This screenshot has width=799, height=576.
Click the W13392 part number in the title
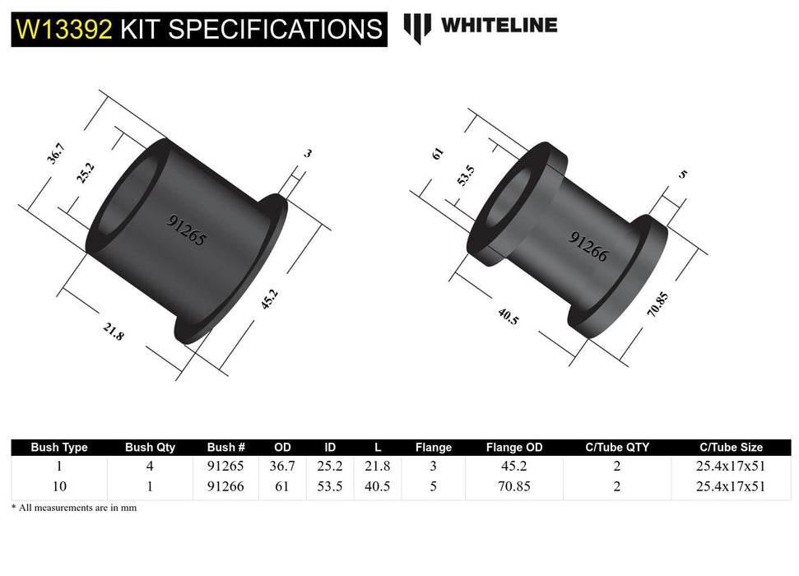64,30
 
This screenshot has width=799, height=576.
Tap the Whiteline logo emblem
417,27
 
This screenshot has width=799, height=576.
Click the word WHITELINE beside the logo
499,26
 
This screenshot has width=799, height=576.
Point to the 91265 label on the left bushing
187,231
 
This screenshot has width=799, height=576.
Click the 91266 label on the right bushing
588,246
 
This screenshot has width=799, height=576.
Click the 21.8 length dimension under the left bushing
114,332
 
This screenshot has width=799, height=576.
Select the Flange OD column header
514,448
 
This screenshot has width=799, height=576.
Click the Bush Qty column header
150,448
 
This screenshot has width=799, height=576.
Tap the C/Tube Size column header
731,448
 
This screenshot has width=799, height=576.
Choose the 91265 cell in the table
226,466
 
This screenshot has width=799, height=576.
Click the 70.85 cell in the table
514,485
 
